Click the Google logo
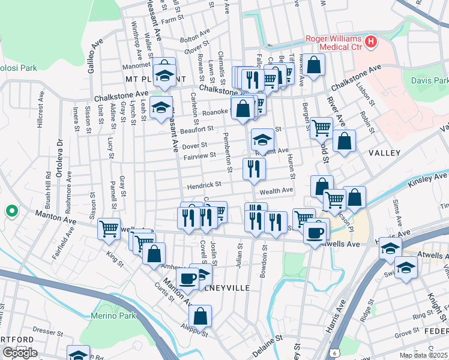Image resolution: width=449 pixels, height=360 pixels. (x=19, y=353)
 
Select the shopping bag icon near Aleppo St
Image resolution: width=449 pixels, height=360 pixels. (x=200, y=316)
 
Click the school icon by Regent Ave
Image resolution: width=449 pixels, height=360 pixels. (x=262, y=140)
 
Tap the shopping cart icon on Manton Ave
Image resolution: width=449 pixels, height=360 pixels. (x=109, y=228)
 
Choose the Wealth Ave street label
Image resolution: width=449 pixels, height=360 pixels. (x=276, y=190)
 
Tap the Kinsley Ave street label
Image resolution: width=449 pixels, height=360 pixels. (x=427, y=179)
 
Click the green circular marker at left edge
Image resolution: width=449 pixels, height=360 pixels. (x=11, y=211)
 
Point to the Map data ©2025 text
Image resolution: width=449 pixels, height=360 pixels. (x=424, y=355)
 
